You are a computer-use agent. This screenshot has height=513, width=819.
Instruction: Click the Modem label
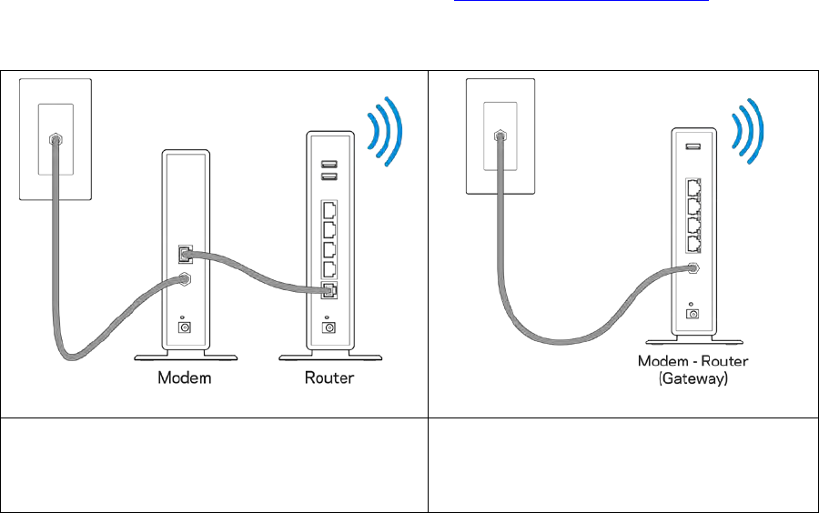pos(184,377)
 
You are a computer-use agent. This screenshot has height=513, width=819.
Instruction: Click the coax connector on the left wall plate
pos(55,139)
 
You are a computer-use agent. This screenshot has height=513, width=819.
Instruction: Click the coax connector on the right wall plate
pos(499,135)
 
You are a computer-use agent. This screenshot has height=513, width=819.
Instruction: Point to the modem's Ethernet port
pos(185,251)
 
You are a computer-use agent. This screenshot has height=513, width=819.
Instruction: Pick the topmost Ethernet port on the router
pos(328,209)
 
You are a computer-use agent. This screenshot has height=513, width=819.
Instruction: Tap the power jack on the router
pos(328,327)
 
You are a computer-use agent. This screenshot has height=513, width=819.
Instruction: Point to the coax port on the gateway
pos(693,267)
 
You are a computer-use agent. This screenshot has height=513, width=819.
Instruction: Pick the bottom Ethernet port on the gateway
pos(694,244)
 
